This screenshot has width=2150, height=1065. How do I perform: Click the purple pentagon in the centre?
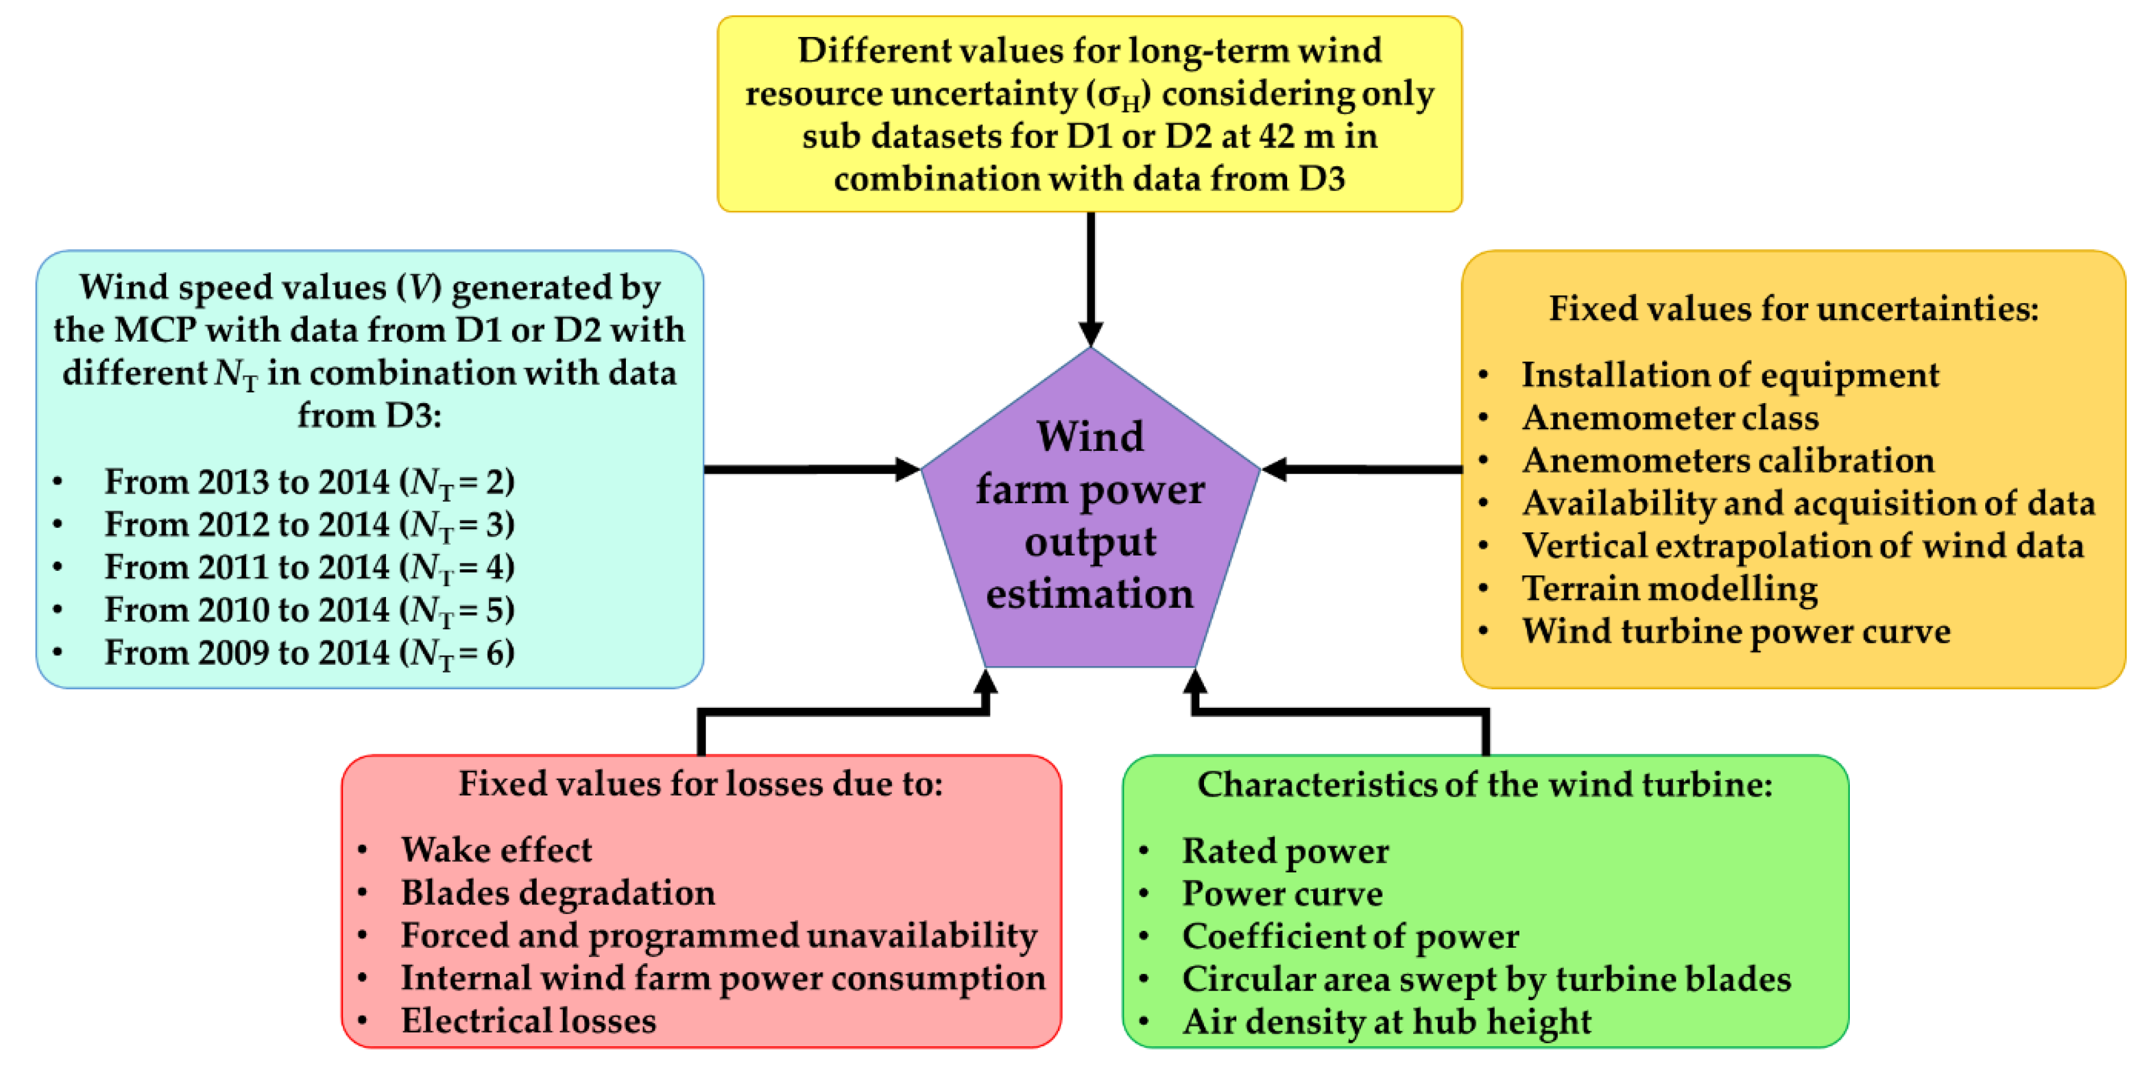(x=1090, y=517)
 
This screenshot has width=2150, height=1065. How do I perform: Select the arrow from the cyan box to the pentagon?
(x=810, y=469)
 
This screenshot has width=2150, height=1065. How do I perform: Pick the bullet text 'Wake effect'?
(x=496, y=849)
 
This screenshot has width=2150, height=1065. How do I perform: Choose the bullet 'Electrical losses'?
(x=528, y=1020)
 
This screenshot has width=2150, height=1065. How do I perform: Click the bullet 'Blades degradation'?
(x=558, y=892)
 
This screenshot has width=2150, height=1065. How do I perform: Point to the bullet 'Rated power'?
(x=1285, y=851)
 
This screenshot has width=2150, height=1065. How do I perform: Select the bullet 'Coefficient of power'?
(x=1350, y=935)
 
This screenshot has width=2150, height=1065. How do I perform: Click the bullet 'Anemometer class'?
(x=1669, y=416)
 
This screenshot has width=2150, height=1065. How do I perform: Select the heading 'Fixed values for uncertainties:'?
(x=1794, y=308)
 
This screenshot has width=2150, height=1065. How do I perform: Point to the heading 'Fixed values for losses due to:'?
(x=700, y=783)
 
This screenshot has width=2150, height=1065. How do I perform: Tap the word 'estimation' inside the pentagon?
(x=1090, y=594)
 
